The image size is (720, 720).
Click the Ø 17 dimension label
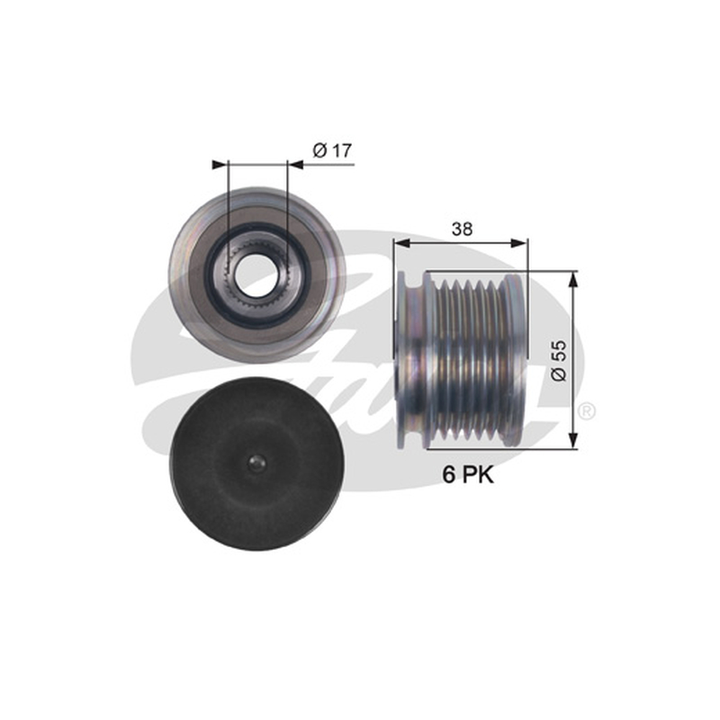332,150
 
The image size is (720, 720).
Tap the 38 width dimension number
462,229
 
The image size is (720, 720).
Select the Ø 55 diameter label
559,361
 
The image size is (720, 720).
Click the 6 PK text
468,474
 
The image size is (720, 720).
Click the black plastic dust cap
256,464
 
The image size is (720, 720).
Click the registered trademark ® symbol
587,411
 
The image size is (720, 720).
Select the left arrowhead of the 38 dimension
401,243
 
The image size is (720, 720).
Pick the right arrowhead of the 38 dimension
520,243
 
